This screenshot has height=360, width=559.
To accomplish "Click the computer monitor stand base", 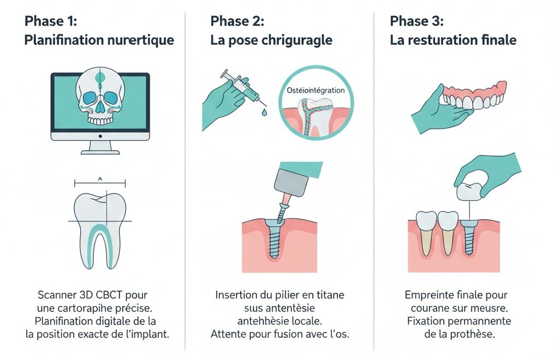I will pyautogui.click(x=100, y=150).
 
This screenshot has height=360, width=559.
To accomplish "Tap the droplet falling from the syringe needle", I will pyautogui.click(x=264, y=111).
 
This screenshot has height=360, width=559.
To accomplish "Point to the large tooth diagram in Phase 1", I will pyautogui.click(x=100, y=229).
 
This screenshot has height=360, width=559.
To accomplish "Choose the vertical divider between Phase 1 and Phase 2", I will pyautogui.click(x=186, y=180).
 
